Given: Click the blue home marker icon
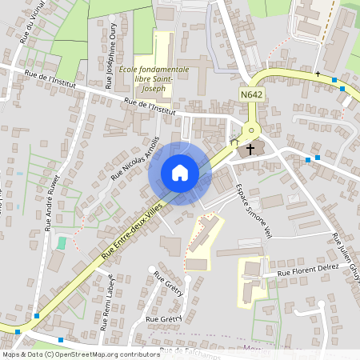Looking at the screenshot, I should tap(180, 173).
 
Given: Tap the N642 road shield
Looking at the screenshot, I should tap(251, 94).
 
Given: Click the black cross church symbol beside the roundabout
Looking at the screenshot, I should tap(250, 149).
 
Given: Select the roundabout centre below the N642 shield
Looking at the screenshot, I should tap(251, 130).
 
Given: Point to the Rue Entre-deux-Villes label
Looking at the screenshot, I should tap(132, 230).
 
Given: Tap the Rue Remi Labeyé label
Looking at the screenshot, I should tap(106, 302).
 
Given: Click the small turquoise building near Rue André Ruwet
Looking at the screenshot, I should tap(62, 242).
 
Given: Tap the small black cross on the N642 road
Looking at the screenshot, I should tap(318, 74).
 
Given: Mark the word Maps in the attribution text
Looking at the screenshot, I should tap(11, 354).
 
